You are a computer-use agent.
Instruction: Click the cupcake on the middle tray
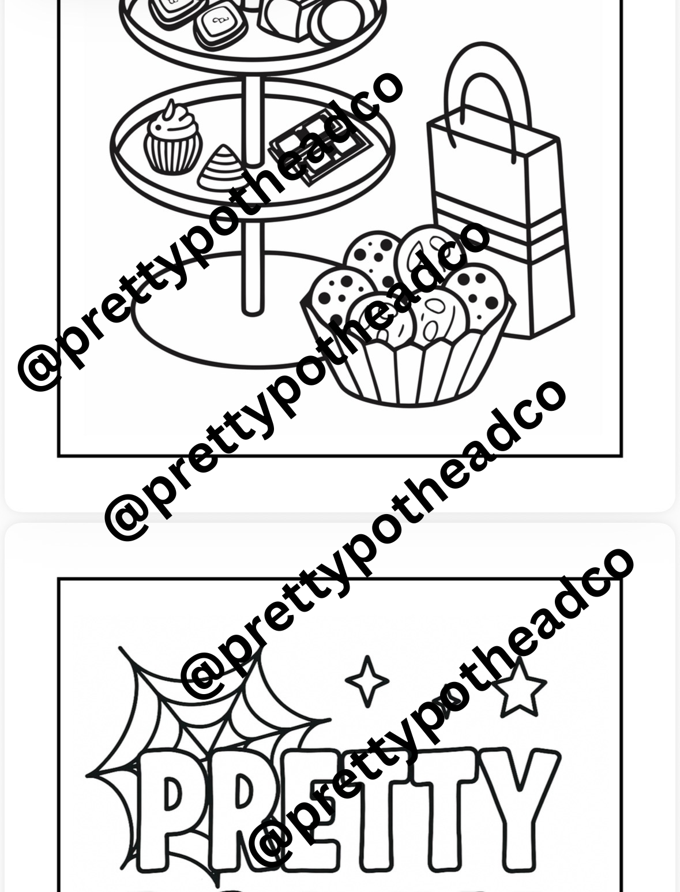click(x=172, y=141)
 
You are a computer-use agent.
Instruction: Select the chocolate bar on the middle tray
click(x=320, y=147)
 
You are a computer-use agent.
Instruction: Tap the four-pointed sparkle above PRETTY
click(x=367, y=681)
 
